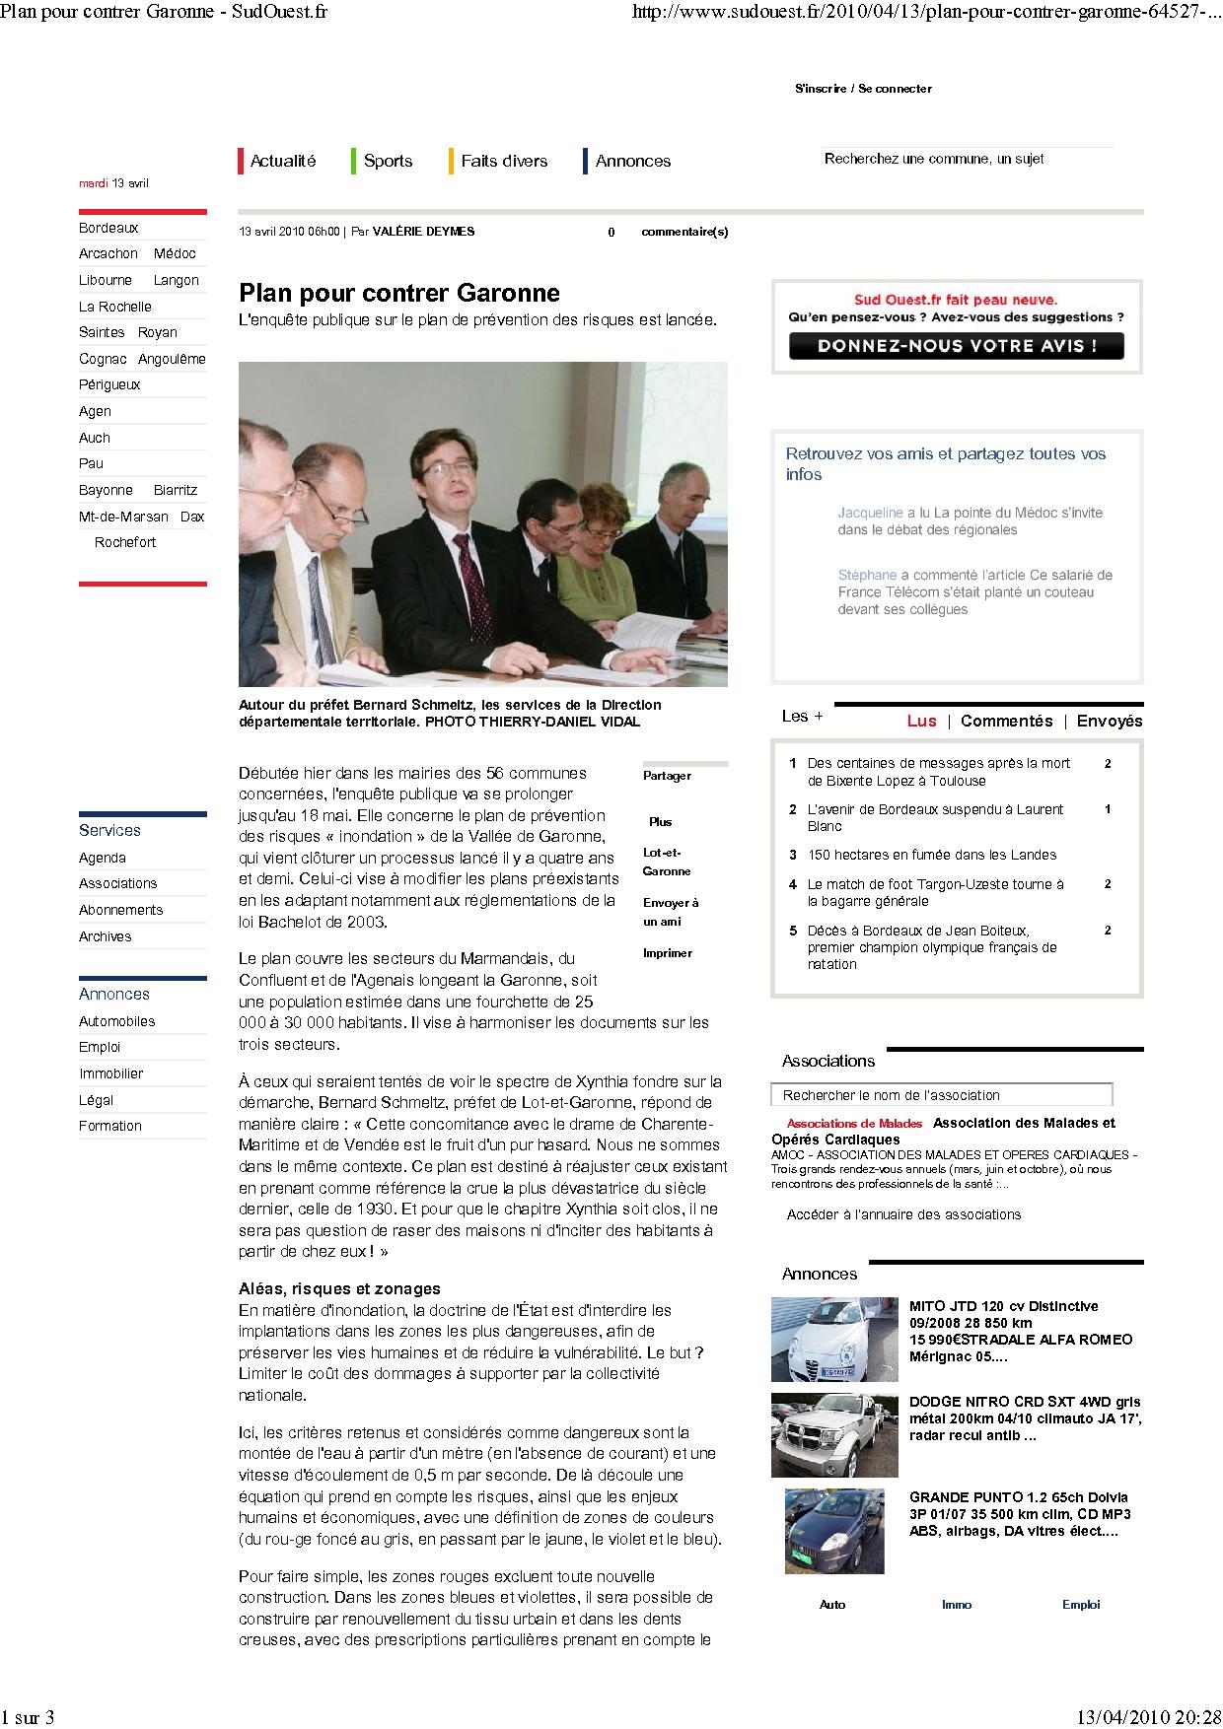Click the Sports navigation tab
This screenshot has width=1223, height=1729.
point(388,161)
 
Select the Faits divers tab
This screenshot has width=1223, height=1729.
point(503,161)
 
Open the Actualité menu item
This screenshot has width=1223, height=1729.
point(283,161)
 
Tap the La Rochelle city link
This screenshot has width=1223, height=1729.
point(115,307)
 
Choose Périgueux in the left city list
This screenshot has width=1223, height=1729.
point(109,384)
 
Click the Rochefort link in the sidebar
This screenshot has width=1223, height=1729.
point(125,542)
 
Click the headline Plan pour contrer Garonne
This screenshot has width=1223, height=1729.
point(399,293)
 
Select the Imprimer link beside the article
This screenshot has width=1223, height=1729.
point(668,953)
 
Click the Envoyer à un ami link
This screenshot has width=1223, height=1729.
point(670,912)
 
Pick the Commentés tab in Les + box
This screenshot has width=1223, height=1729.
point(1006,721)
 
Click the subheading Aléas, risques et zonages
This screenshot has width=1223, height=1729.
point(339,1288)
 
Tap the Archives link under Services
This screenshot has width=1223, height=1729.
point(105,936)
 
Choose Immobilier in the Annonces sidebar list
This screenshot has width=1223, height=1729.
point(111,1073)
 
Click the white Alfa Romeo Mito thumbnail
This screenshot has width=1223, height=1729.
point(834,1339)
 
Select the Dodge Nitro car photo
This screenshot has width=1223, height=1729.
point(834,1434)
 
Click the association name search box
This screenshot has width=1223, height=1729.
point(941,1095)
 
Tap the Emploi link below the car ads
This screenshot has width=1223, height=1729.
point(1080,1605)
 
